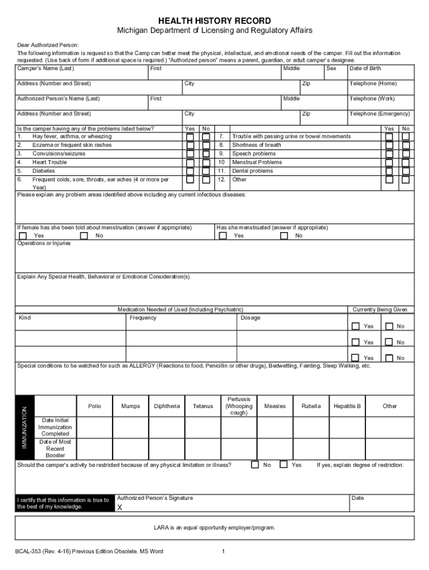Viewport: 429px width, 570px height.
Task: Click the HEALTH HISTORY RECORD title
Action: point(214,21)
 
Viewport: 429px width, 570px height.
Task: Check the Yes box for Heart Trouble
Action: point(190,163)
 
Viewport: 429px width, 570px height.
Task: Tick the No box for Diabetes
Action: point(206,171)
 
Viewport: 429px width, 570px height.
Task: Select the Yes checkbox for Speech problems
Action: point(389,154)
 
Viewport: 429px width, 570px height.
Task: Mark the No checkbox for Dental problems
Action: point(406,171)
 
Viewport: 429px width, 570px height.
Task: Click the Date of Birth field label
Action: point(365,68)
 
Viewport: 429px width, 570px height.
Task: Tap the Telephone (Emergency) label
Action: point(379,114)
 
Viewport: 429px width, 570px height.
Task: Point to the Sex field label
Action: point(331,68)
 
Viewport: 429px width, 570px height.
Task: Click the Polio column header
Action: point(95,406)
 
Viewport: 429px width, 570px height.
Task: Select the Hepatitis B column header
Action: point(347,406)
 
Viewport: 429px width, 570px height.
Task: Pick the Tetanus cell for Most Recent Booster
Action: point(203,449)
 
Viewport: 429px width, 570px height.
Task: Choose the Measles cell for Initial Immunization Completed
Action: point(275,427)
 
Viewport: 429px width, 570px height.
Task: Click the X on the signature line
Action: point(119,508)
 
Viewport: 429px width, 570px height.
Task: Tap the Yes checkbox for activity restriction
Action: point(284,464)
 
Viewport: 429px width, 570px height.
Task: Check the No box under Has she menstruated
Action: point(284,235)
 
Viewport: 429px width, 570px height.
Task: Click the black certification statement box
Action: point(64,503)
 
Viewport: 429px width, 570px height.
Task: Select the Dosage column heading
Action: point(250,318)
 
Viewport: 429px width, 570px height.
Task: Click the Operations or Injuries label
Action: point(44,243)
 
